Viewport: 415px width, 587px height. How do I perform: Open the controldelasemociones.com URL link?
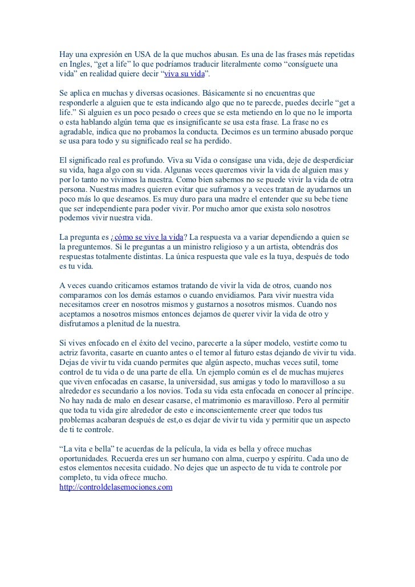click(116, 488)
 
